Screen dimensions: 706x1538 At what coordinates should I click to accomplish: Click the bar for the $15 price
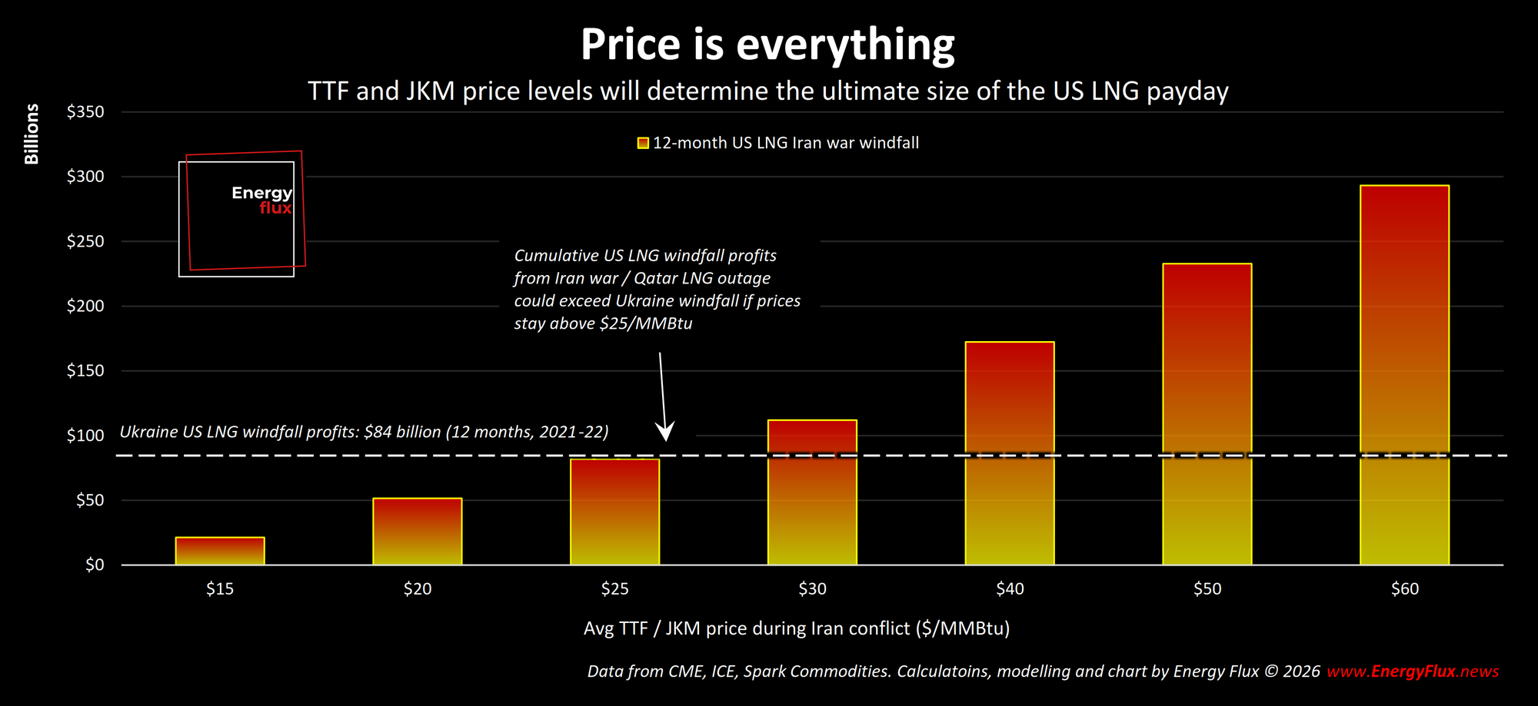pyautogui.click(x=220, y=551)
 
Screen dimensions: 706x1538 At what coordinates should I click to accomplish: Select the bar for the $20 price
pyautogui.click(x=418, y=531)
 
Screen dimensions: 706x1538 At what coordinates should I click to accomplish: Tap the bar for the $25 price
pyautogui.click(x=614, y=512)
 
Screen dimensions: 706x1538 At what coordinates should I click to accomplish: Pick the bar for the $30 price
pyautogui.click(x=812, y=492)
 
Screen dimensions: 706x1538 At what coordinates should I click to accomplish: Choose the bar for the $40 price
pyautogui.click(x=1010, y=452)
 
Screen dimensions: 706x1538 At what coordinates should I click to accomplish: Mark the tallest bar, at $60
pyautogui.click(x=1404, y=375)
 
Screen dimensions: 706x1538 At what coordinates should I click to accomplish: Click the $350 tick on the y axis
pyautogui.click(x=85, y=112)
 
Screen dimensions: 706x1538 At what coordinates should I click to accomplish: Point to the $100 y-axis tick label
pyautogui.click(x=85, y=436)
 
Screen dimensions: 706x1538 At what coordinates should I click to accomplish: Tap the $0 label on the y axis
pyautogui.click(x=95, y=565)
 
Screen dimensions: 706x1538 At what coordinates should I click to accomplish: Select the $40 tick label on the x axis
pyautogui.click(x=1010, y=589)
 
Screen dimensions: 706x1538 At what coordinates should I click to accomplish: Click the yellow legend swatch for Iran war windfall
pyautogui.click(x=643, y=143)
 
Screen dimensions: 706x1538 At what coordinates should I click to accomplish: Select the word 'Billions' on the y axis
pyautogui.click(x=32, y=134)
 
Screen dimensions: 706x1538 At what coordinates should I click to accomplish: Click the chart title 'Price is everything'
pyautogui.click(x=767, y=45)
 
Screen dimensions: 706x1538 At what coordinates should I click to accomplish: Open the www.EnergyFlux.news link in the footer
pyautogui.click(x=1413, y=671)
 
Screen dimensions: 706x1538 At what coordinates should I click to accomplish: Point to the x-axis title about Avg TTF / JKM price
pyautogui.click(x=797, y=628)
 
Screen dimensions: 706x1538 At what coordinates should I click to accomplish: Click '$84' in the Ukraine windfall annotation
pyautogui.click(x=378, y=432)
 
